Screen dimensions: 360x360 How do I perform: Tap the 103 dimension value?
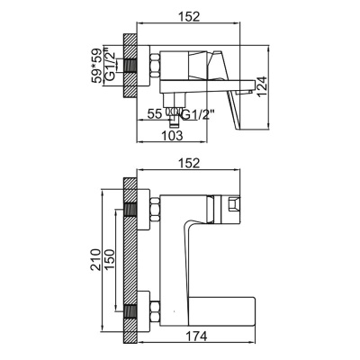(x=172, y=135)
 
